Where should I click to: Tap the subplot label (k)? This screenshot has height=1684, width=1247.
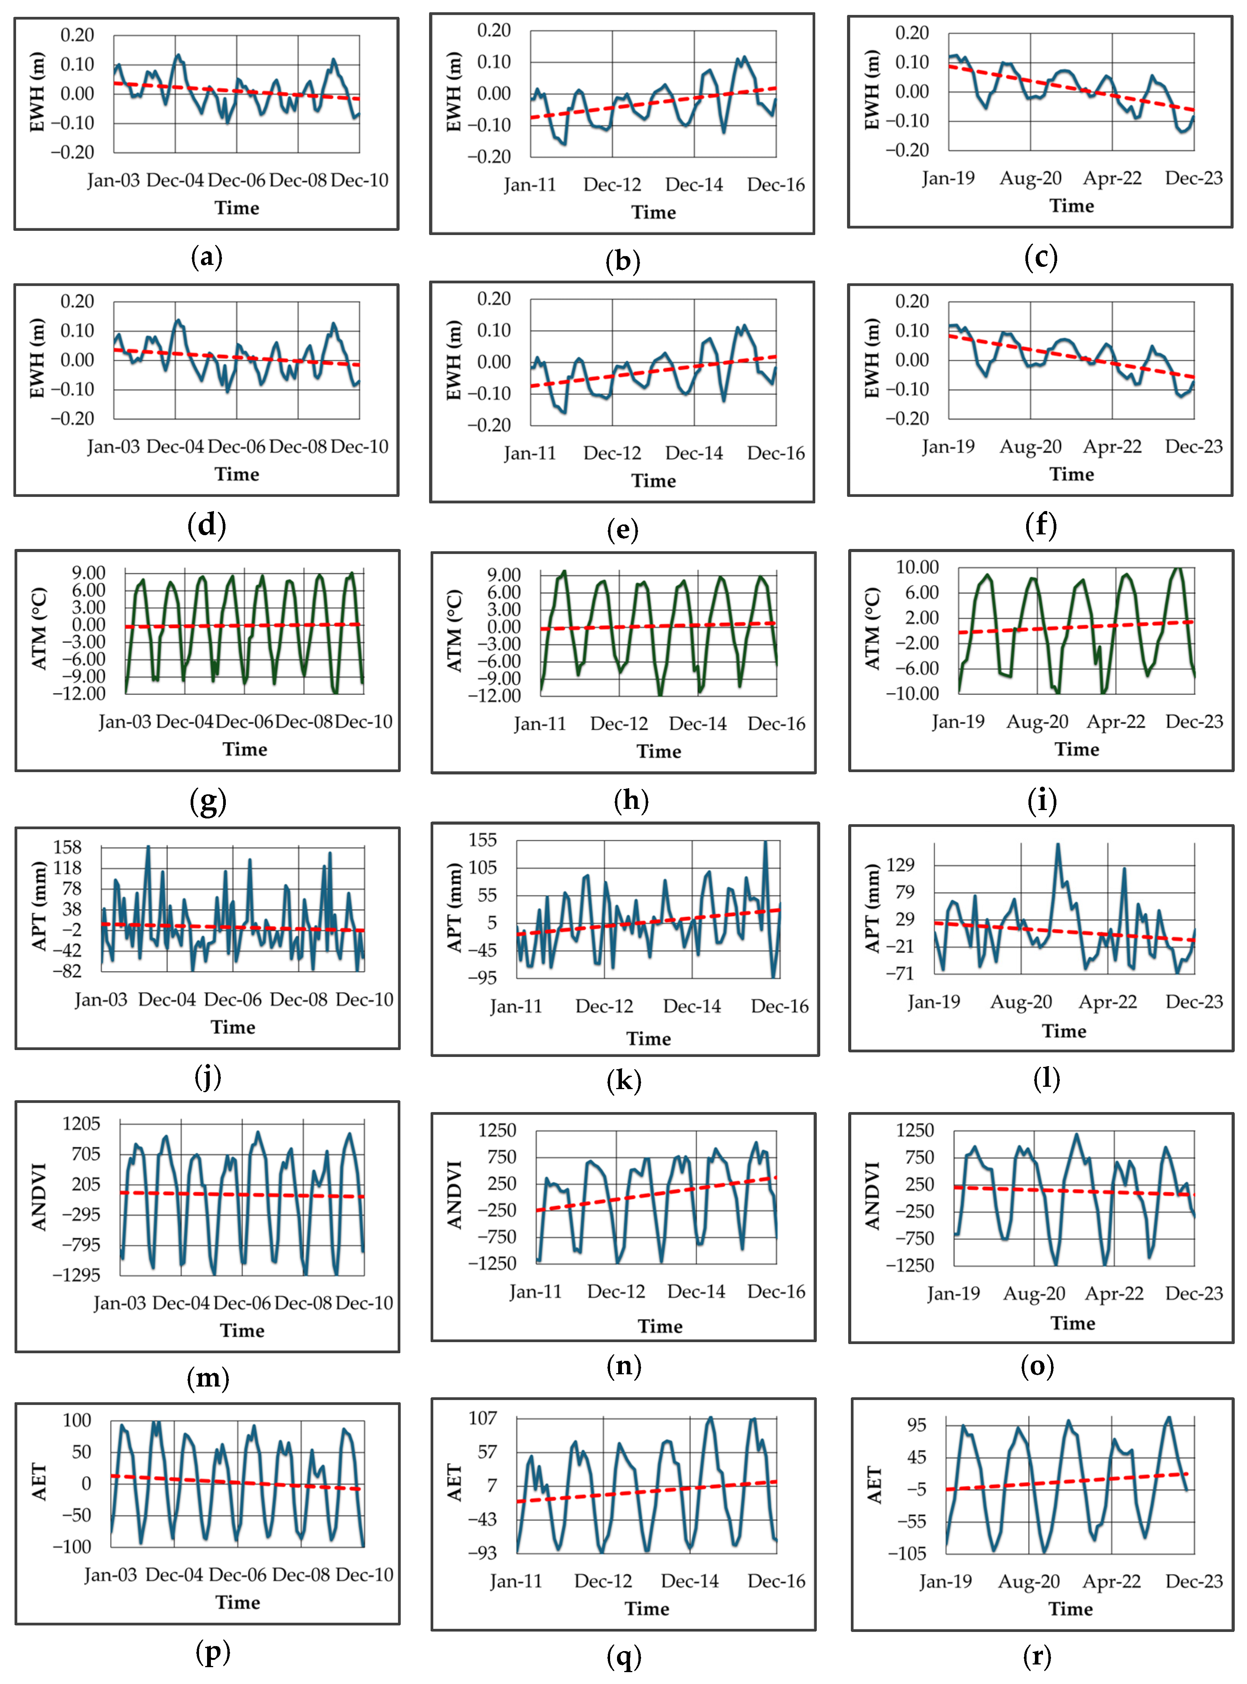[x=623, y=1081]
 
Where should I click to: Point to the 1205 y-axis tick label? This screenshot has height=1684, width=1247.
[x=81, y=1124]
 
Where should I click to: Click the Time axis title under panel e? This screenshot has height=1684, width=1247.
[x=654, y=481]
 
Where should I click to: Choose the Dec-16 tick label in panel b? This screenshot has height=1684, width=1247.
[x=776, y=185]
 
